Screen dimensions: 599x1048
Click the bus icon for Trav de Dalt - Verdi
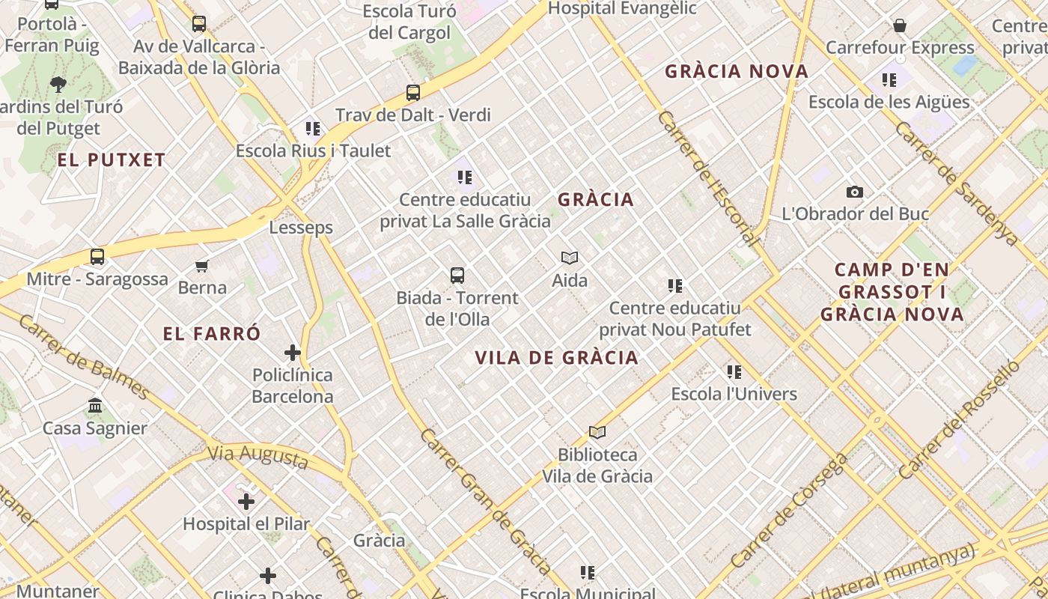point(413,93)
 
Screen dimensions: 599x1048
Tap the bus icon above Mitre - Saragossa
point(97,257)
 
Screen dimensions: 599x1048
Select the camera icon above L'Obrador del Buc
point(854,192)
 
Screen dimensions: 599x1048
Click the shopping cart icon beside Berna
point(201,266)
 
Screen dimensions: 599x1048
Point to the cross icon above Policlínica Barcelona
point(293,352)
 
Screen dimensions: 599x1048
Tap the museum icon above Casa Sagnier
point(95,406)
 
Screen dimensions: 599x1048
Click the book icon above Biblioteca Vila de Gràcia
point(597,432)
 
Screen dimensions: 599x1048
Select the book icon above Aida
point(570,258)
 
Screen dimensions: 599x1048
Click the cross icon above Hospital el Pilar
point(246,501)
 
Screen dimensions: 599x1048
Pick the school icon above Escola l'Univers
point(734,371)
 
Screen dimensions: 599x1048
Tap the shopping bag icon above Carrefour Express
point(900,26)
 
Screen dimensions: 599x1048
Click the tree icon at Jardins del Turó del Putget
point(58,84)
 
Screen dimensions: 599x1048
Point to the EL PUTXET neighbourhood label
point(112,159)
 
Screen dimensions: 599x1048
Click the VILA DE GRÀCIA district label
point(557,357)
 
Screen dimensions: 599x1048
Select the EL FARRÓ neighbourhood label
point(212,333)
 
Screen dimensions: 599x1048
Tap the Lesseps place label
point(301,227)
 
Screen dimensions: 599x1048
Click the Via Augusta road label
point(258,455)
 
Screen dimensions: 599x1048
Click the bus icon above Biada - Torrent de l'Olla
point(457,276)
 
